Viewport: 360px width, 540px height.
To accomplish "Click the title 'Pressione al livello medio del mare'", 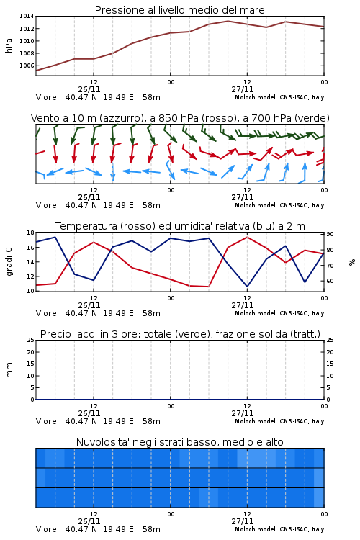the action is click(179, 10).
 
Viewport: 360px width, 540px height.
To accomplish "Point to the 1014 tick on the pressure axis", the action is click(27, 16).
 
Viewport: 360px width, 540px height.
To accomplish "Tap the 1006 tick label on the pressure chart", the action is click(27, 66).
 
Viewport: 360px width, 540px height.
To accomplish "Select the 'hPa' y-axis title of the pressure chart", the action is click(9, 45).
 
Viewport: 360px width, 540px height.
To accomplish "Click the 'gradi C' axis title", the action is click(9, 261).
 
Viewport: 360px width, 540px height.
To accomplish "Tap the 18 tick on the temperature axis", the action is click(30, 233).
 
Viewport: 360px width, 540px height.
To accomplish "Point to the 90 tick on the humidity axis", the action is click(330, 234).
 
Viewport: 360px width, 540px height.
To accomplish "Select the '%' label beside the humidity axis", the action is click(352, 262).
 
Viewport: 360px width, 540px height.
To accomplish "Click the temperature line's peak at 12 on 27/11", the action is click(248, 237).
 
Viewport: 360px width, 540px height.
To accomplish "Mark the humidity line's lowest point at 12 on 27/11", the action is click(248, 287).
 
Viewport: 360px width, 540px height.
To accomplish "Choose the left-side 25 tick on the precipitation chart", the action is click(30, 340).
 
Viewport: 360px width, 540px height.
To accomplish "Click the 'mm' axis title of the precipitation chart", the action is click(9, 370).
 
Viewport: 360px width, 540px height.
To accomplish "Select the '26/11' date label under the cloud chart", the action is click(89, 521).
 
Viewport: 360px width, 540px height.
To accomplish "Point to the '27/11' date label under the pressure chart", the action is click(243, 89).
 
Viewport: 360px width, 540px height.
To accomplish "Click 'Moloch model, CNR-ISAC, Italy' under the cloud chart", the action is click(279, 529).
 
